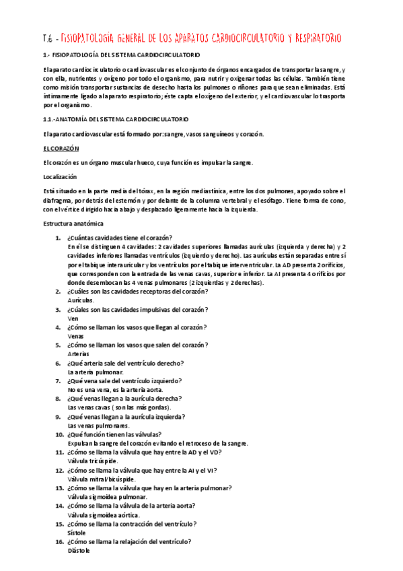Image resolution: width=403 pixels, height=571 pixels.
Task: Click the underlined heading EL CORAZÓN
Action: pos(61,148)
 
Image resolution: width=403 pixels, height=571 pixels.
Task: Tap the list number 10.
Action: pos(59,434)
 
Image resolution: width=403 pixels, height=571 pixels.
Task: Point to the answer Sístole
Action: pos(77,532)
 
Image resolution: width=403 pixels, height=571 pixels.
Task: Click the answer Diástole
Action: pos(79,550)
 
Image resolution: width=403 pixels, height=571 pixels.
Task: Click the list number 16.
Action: pos(59,541)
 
